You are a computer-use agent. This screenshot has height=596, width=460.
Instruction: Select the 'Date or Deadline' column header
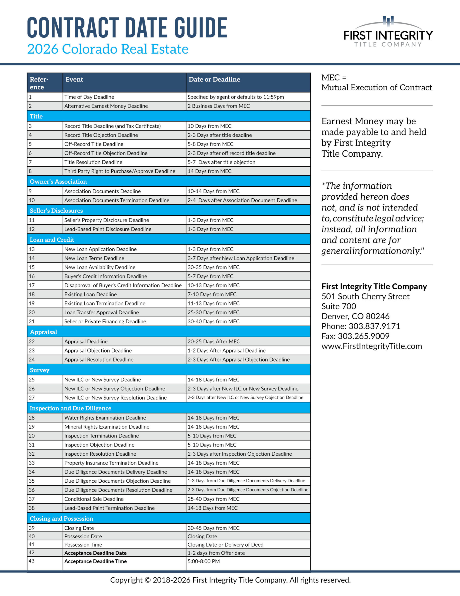[x=214, y=79]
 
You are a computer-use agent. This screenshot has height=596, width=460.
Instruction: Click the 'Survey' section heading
[x=40, y=370]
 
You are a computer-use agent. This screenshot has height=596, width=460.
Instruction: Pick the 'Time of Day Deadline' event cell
[x=89, y=97]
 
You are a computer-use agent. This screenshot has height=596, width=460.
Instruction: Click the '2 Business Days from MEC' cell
[x=218, y=106]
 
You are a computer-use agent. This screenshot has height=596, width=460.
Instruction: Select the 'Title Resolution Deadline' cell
[x=93, y=162]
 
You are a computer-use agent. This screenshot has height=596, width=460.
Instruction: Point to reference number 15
[x=32, y=267]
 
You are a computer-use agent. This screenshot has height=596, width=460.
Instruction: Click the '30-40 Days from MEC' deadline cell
[x=213, y=322]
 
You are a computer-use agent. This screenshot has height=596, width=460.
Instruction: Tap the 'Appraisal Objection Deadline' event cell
[x=98, y=350]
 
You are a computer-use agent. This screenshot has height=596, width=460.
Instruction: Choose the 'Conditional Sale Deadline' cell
[x=94, y=499]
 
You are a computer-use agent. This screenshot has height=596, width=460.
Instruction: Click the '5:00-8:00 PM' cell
[x=203, y=561]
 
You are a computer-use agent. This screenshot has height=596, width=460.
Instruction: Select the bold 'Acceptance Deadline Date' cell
[x=95, y=553]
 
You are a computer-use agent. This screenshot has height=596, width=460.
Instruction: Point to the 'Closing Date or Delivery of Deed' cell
[x=225, y=544]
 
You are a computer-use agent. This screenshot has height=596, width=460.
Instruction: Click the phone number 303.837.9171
[x=374, y=326]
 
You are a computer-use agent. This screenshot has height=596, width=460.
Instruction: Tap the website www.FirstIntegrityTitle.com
[x=371, y=346]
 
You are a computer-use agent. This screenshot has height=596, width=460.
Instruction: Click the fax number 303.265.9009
[x=363, y=336]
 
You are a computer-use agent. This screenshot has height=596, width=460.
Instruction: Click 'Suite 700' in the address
[x=339, y=306]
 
